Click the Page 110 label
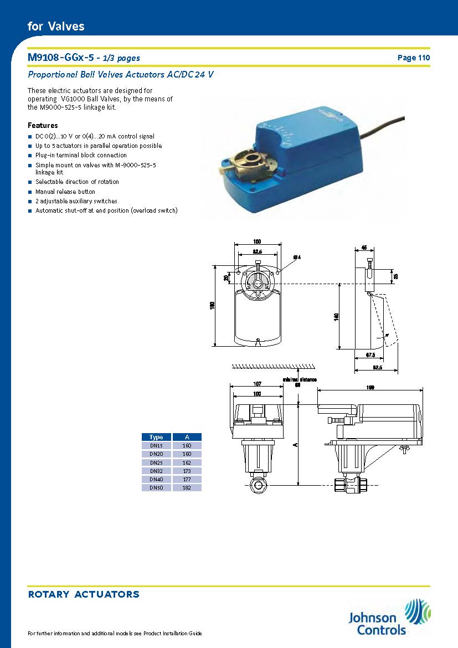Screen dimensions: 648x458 (x=413, y=58)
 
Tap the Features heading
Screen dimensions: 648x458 (x=43, y=125)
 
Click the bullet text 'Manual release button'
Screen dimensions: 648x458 (x=65, y=192)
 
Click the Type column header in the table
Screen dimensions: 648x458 (x=156, y=437)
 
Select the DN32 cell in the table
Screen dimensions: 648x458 (x=156, y=471)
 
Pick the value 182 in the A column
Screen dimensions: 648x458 (x=187, y=488)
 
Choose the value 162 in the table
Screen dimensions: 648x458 (x=187, y=462)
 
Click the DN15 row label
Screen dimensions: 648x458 (x=156, y=445)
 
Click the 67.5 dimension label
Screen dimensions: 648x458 (x=370, y=354)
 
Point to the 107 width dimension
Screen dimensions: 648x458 (x=257, y=384)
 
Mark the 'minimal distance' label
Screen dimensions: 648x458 (x=299, y=379)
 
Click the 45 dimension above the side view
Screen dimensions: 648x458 (x=364, y=247)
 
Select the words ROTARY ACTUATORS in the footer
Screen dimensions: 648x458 (x=84, y=594)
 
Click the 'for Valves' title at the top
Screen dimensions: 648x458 (x=56, y=26)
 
